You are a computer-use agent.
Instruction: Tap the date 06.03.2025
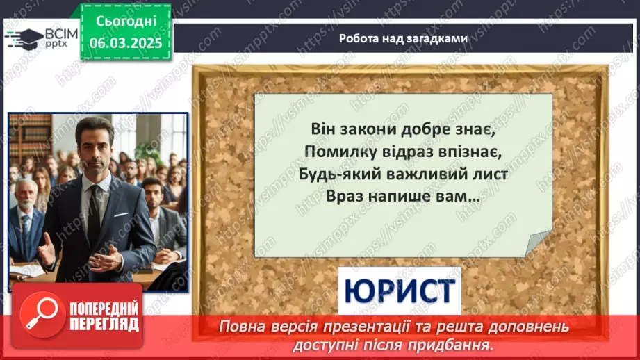[125, 43]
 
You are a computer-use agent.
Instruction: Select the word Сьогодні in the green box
[125, 22]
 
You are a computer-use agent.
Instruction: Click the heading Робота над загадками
[402, 39]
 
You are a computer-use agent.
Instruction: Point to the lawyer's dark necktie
[94, 208]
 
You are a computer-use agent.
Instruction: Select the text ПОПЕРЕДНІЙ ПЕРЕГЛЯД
[104, 316]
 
